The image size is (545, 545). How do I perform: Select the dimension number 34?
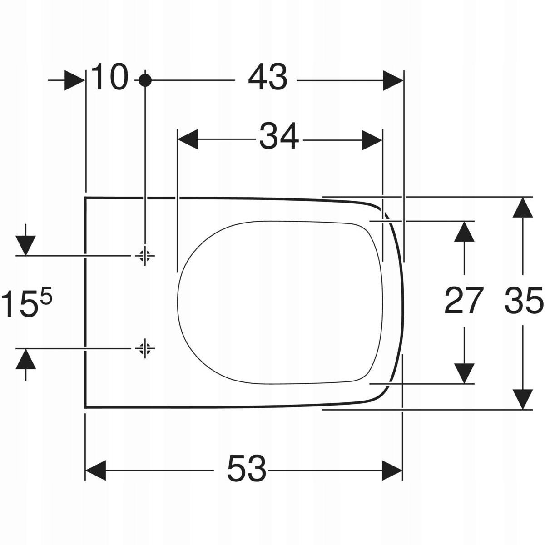279,136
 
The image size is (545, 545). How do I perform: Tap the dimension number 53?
247,469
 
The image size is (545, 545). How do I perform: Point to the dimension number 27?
463,301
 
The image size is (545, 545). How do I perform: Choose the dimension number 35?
524,301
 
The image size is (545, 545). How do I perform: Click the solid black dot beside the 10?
145,80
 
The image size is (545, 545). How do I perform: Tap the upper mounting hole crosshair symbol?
145,256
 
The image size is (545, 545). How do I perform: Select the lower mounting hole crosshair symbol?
145,348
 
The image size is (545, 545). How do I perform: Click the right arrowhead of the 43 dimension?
393,80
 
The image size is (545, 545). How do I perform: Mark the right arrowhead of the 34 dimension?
372,139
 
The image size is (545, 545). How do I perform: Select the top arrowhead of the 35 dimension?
523,207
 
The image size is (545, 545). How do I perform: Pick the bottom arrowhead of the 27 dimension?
463,373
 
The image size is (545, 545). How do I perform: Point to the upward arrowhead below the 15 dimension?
25,359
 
